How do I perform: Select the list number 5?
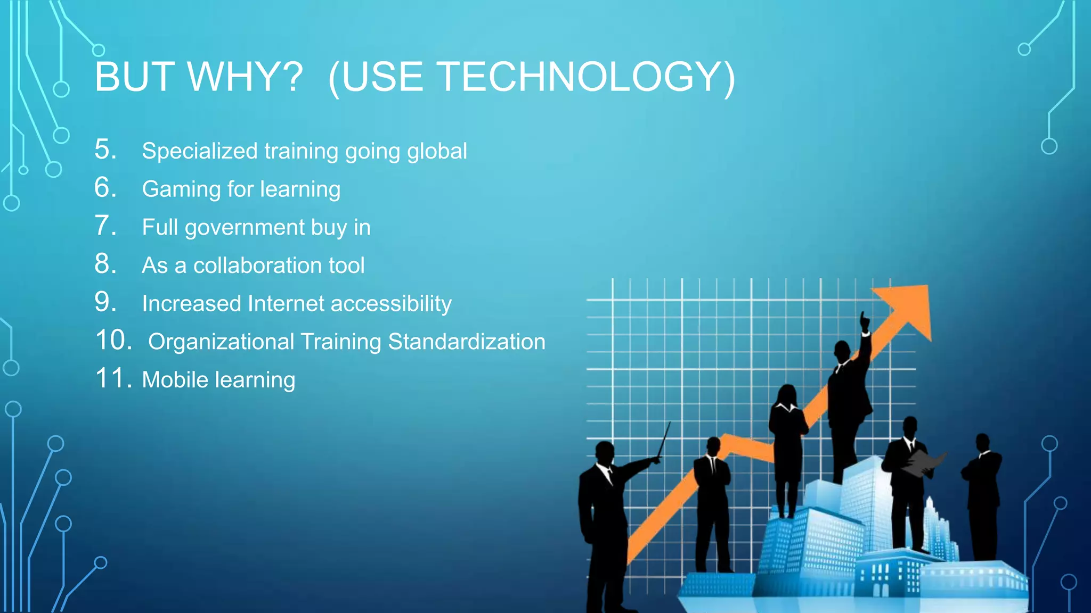[105, 150]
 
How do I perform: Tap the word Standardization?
[467, 342]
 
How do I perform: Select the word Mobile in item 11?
[175, 380]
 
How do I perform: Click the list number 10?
[113, 341]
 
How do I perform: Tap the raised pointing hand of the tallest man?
[864, 322]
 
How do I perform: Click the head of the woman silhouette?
[787, 394]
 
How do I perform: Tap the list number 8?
[105, 264]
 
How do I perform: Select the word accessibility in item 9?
[391, 304]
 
